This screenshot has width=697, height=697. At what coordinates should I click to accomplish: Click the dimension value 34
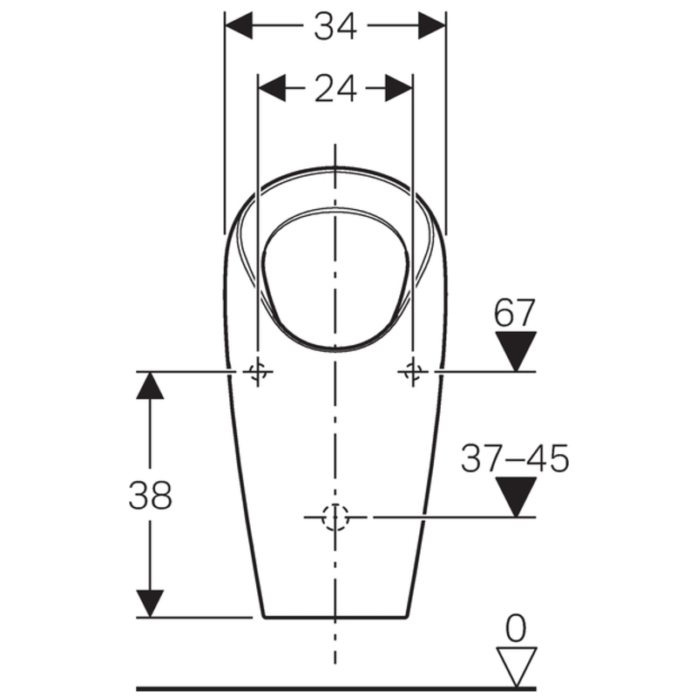click(335, 26)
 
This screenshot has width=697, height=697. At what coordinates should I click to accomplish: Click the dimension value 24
click(335, 89)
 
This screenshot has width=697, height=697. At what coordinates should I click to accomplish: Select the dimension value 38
click(150, 495)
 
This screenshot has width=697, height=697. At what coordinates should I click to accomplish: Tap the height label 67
click(514, 313)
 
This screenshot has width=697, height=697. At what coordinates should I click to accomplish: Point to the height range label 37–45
click(515, 458)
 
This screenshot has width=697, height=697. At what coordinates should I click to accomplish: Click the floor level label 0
click(516, 628)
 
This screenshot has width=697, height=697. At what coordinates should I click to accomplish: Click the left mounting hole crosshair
click(258, 371)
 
